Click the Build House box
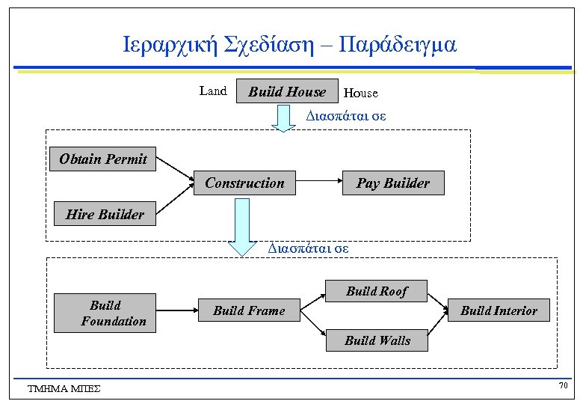click(x=287, y=91)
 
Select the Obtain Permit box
click(x=103, y=159)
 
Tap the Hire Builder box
click(x=105, y=214)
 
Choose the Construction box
click(x=244, y=183)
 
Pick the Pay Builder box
click(x=392, y=183)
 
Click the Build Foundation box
click(x=105, y=313)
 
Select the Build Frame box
click(x=249, y=310)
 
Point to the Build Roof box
click(x=377, y=291)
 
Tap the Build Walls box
click(x=377, y=340)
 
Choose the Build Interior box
click(x=499, y=310)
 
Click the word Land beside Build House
click(x=213, y=91)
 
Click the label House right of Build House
click(x=361, y=94)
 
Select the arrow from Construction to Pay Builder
click(x=318, y=183)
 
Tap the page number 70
click(x=563, y=385)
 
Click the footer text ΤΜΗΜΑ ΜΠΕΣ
click(x=64, y=388)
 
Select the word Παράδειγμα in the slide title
click(x=397, y=45)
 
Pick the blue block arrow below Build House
click(x=283, y=118)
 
